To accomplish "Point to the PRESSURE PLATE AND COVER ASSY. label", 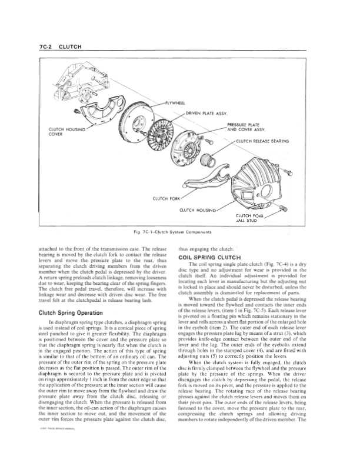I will (246, 128).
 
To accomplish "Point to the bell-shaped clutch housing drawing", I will (253, 177).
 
